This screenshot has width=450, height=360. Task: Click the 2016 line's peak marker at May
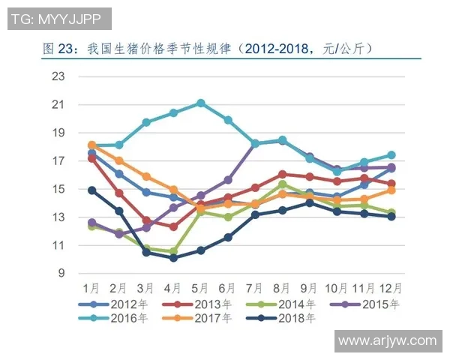201,103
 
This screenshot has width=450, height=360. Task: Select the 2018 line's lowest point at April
173,257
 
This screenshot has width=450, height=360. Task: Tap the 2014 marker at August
282,184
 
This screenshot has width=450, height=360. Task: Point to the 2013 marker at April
173,226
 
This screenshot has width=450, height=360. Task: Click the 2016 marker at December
391,155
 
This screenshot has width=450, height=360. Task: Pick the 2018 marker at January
92,190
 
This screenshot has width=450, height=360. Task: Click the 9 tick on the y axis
61,274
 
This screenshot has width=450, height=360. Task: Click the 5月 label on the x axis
200,288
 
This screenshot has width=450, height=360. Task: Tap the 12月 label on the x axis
391,288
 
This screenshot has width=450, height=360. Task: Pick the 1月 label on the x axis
92,288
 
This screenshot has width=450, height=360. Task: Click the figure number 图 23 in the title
56,49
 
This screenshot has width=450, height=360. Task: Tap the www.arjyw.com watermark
387,341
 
